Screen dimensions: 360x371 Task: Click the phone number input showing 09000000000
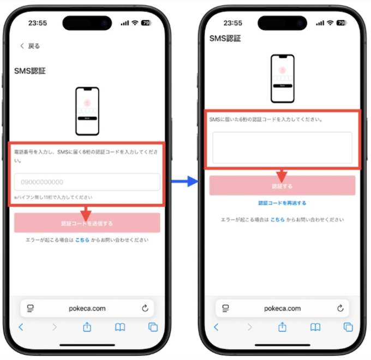87,182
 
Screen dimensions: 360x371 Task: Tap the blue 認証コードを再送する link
282,203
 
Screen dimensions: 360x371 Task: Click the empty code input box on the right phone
282,147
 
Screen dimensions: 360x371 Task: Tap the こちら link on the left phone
82,240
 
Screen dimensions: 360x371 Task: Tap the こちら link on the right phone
278,220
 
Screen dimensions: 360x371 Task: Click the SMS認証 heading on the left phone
29,71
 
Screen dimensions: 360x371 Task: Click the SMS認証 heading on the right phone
225,38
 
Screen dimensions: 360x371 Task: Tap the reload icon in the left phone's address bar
145,309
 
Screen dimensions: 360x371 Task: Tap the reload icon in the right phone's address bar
340,309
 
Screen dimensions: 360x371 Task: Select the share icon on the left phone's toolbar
87,327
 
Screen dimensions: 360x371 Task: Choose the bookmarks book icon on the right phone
315,327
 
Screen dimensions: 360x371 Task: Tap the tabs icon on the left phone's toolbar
153,327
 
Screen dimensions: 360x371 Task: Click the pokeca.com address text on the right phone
283,309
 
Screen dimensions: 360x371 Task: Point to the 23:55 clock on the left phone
38,23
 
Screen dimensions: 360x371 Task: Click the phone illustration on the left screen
87,111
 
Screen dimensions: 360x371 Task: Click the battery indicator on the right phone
342,23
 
